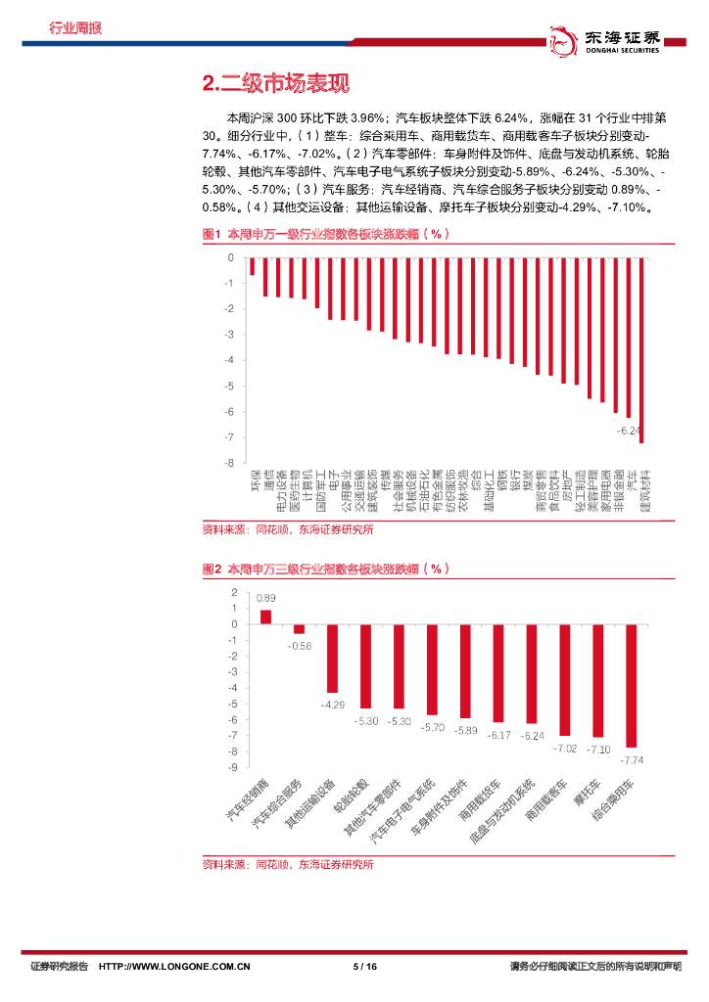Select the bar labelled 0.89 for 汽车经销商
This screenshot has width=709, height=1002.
coord(265,616)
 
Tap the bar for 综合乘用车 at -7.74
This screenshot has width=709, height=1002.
coord(632,685)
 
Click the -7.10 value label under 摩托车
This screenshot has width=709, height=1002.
coord(598,749)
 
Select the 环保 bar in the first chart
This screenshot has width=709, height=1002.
coord(252,266)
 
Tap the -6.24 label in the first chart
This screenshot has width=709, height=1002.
coord(628,430)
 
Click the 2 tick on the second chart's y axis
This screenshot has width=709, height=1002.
coord(233,592)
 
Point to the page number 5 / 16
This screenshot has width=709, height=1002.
coord(364,967)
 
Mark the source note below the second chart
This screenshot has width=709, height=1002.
coord(288,864)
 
